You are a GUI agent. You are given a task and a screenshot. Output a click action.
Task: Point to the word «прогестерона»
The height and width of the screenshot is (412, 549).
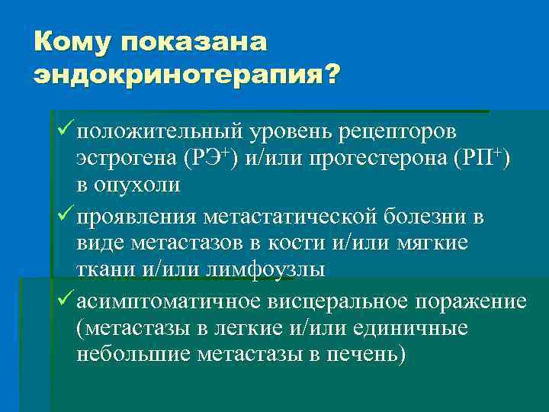(371, 159)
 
